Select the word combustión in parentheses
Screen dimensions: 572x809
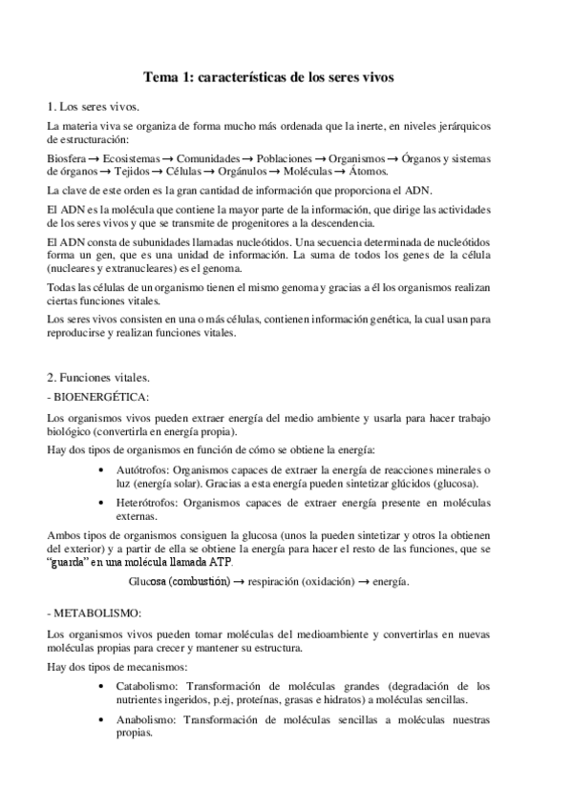pyautogui.click(x=198, y=581)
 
